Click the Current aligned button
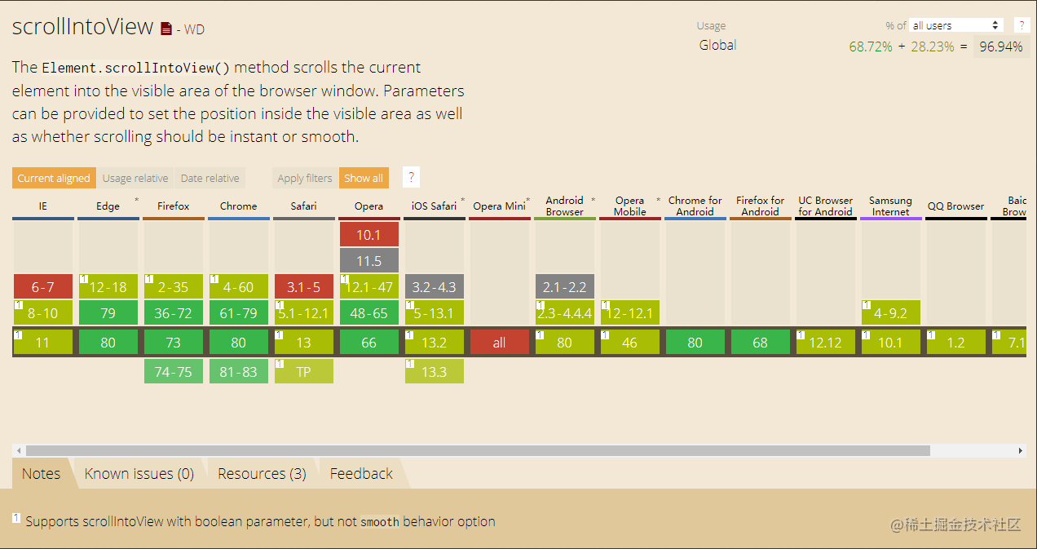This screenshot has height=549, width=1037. coord(54,178)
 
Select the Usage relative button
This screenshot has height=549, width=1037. coord(135,178)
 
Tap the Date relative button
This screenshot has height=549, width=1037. coord(210,178)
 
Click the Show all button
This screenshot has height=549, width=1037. coord(364,178)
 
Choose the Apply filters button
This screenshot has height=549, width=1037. coord(305,178)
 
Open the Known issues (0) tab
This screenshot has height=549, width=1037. coord(139,473)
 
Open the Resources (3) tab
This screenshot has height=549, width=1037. coord(262,473)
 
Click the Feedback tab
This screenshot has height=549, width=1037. coord(361,473)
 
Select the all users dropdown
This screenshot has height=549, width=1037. coord(955,25)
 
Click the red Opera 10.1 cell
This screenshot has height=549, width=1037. coord(369,234)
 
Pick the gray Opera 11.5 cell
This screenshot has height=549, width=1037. coord(369,260)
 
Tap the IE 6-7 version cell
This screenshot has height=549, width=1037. coord(42,287)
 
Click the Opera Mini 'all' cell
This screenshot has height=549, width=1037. coord(499,343)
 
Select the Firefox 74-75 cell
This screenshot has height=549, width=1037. coord(173,371)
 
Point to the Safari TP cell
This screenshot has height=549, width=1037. coord(304,371)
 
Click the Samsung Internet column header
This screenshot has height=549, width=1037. coord(890,206)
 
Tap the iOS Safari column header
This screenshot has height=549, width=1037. coord(434,206)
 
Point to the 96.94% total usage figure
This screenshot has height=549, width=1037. coord(1000,46)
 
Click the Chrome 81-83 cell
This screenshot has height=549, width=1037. coord(238,371)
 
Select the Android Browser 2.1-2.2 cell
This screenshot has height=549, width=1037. coord(564,287)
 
